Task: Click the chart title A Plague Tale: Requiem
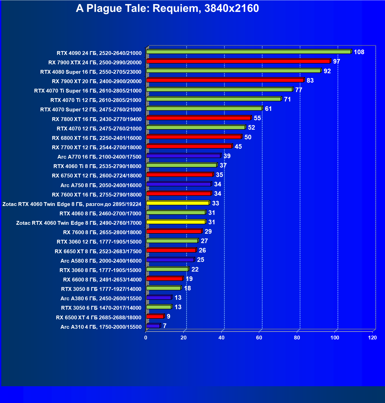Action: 167,8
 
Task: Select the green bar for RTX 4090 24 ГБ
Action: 248,52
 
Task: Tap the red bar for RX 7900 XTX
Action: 238,61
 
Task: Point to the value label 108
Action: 359,52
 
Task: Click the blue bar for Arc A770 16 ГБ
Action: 183,156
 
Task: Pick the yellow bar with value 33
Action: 178,203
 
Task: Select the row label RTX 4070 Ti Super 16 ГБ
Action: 88,91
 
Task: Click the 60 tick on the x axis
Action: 259,338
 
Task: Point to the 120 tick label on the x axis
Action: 372,338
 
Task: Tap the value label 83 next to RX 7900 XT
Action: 310,81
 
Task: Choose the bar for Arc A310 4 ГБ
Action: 153,326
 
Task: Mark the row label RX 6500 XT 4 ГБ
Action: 98,318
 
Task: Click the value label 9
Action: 168,317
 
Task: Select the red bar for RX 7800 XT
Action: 199,118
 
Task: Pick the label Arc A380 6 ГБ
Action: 101,298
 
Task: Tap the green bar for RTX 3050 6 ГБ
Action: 159,307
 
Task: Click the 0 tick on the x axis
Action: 146,338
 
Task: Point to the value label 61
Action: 268,109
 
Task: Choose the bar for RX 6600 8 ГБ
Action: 165,279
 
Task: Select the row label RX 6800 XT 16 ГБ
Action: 97,138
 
